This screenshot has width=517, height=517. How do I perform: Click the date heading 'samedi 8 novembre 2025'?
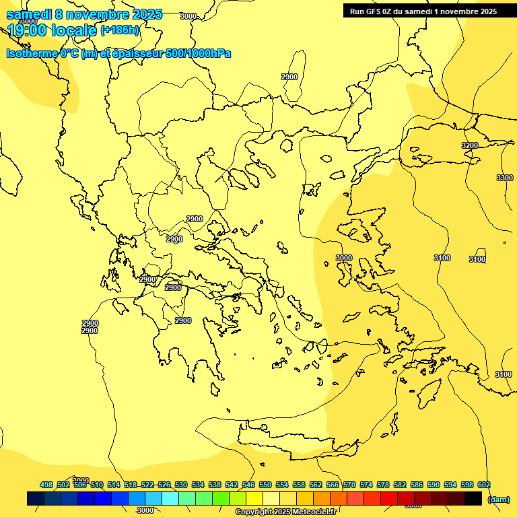click(84, 15)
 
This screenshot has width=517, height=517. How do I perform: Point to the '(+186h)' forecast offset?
click(120, 30)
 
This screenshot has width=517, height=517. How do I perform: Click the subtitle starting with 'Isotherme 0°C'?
click(118, 53)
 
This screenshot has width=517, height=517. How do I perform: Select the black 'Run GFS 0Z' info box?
click(423, 11)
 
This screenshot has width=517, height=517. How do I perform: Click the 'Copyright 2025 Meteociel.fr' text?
click(285, 512)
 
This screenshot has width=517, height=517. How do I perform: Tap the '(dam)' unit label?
click(498, 499)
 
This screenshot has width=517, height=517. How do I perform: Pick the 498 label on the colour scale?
click(46, 485)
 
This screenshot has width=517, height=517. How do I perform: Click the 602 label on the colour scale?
click(484, 485)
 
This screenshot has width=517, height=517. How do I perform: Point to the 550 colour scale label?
click(265, 485)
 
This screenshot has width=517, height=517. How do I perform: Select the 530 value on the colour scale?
click(181, 485)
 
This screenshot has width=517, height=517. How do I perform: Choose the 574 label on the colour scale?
click(366, 485)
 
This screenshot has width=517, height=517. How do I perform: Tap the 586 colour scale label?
click(417, 485)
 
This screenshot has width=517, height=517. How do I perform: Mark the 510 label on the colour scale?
click(97, 485)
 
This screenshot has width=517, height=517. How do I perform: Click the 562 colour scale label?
click(316, 485)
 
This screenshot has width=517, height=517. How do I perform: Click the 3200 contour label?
click(470, 145)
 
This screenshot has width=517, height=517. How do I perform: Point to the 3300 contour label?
click(504, 178)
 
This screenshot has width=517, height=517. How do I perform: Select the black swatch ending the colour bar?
click(473, 499)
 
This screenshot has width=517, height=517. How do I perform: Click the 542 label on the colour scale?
click(232, 485)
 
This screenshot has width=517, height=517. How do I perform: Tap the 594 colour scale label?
click(450, 485)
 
